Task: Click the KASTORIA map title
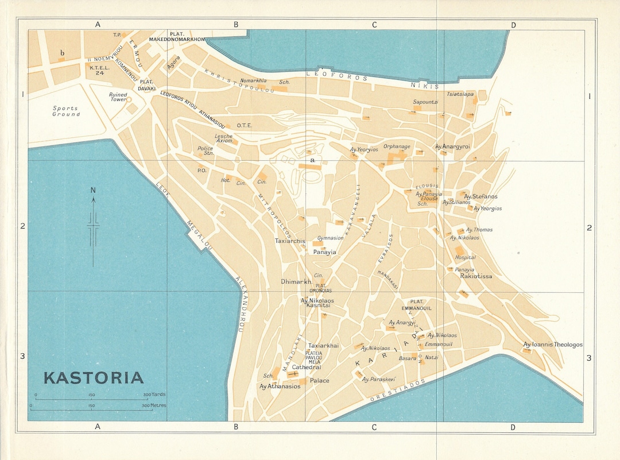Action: click(94, 378)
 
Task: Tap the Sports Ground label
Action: click(66, 111)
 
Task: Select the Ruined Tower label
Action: click(118, 97)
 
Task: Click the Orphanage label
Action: click(397, 146)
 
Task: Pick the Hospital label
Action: click(465, 257)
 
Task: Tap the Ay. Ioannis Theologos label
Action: click(552, 345)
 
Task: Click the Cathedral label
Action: click(307, 367)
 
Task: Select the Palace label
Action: click(320, 380)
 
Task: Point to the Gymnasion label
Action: click(330, 238)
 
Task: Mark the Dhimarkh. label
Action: click(296, 281)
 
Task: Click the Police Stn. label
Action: click(206, 150)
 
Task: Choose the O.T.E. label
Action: click(245, 125)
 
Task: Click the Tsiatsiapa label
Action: click(460, 94)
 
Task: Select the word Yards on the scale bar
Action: click(159, 395)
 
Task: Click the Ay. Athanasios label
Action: click(280, 386)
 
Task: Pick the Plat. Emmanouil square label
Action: click(420, 305)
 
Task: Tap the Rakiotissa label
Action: click(476, 276)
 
